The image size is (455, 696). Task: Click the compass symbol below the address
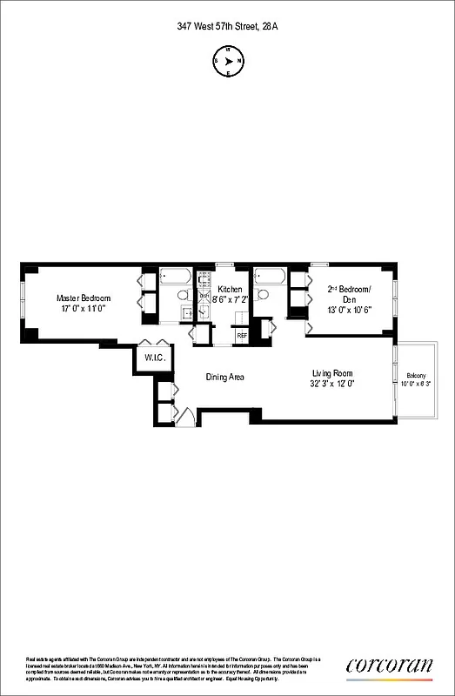[x=227, y=61]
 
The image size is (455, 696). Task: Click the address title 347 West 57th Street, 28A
[x=227, y=27]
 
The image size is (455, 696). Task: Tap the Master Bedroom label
[x=82, y=297]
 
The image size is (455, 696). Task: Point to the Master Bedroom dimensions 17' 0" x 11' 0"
[x=82, y=308]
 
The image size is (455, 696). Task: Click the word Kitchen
[x=230, y=289]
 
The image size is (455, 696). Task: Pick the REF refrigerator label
[x=242, y=335]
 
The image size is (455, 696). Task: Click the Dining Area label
[x=224, y=377]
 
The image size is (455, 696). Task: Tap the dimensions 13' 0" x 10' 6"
[x=348, y=309]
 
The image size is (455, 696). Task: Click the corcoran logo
[x=390, y=665]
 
